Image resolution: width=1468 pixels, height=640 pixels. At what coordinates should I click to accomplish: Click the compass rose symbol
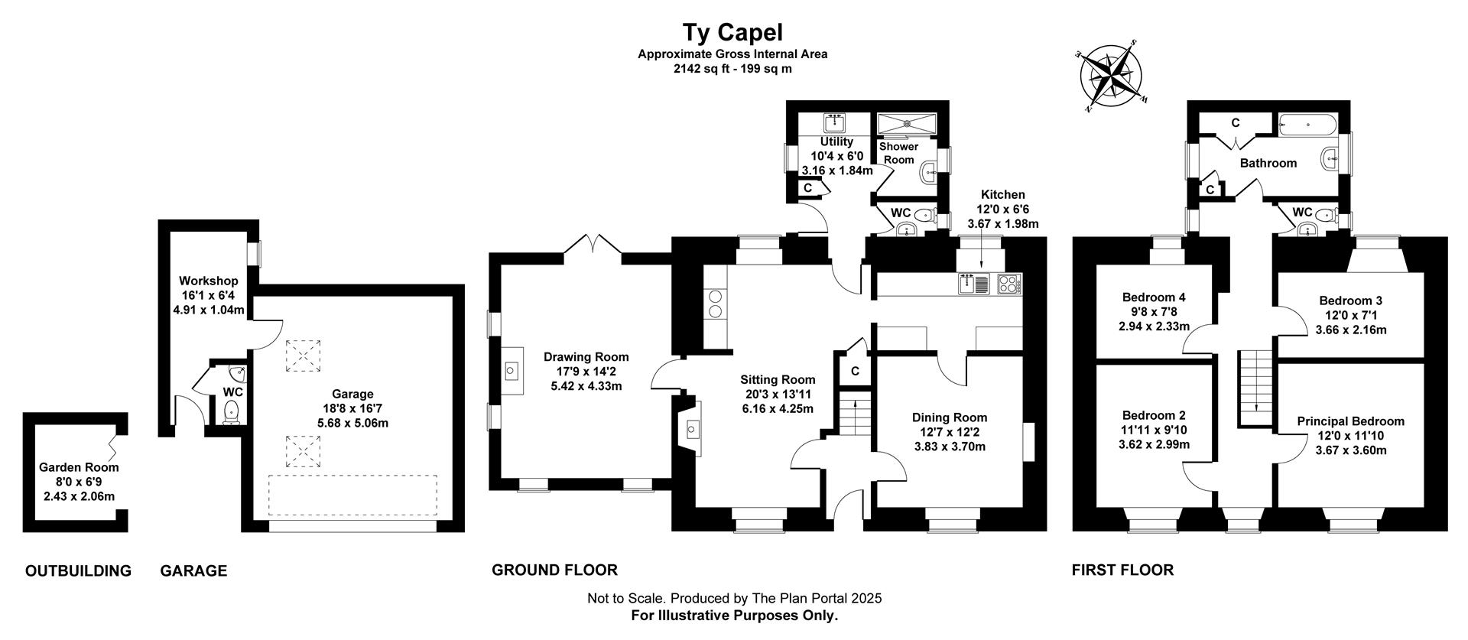1112,76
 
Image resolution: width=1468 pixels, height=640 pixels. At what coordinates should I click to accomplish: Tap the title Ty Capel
732,32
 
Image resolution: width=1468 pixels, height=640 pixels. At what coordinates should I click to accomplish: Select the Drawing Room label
586,357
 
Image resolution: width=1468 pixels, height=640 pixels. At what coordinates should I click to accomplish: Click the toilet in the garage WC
232,413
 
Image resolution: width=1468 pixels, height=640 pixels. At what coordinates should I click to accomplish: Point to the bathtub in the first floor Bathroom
1309,124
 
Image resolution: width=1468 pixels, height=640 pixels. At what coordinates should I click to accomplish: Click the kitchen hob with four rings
1008,284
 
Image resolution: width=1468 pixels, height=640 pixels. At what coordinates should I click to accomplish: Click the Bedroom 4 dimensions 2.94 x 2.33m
1154,326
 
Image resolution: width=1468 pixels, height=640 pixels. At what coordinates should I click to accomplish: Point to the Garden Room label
79,467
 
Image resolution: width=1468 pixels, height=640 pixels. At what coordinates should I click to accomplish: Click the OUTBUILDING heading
78,571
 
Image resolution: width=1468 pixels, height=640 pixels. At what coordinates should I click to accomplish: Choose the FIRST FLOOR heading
1122,570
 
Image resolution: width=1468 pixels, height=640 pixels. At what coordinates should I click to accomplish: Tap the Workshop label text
209,281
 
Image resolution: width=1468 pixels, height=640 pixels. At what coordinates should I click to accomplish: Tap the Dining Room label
950,417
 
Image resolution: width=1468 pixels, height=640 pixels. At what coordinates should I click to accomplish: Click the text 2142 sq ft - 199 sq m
732,69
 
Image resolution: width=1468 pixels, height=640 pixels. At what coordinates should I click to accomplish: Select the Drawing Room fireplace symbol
512,372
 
